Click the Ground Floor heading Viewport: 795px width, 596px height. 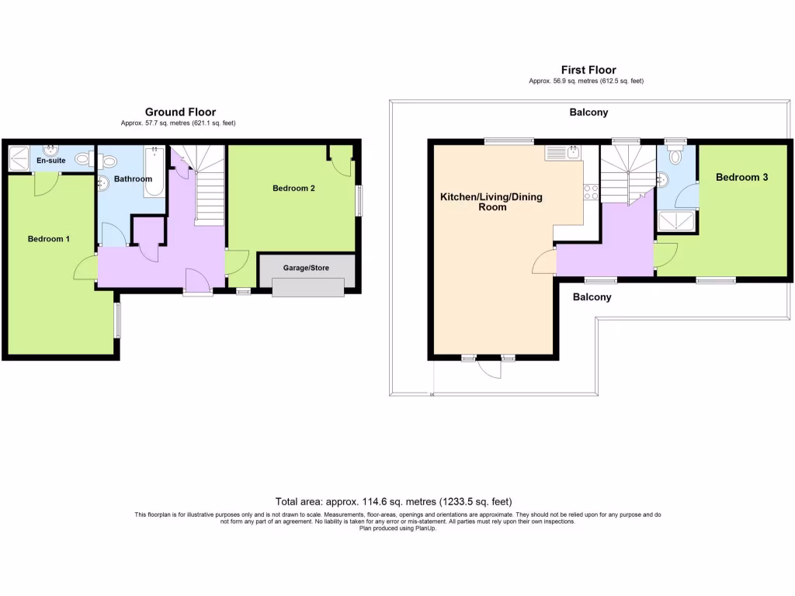pos(180,112)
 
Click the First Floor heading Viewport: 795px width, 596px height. pos(588,70)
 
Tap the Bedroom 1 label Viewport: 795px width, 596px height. pos(49,239)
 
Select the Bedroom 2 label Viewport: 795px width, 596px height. pos(293,188)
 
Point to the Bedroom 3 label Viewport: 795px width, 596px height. pos(741,177)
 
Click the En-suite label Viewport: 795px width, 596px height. pos(50,160)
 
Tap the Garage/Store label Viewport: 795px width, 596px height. pos(306,268)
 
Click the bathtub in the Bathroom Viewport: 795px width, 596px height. pos(154,172)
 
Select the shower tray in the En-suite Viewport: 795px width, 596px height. pos(19,158)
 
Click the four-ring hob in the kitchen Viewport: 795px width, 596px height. pos(591,192)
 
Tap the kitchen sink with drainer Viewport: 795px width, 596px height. pos(563,153)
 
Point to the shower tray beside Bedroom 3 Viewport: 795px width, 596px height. pos(676,221)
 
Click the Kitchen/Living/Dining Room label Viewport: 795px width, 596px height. pos(491,202)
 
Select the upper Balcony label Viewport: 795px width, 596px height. pos(588,112)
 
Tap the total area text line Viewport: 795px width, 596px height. pos(394,502)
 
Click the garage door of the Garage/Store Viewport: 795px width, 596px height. pos(308,287)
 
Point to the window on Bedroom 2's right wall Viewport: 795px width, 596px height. pos(360,201)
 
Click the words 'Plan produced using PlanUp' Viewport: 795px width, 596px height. pos(397,528)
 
